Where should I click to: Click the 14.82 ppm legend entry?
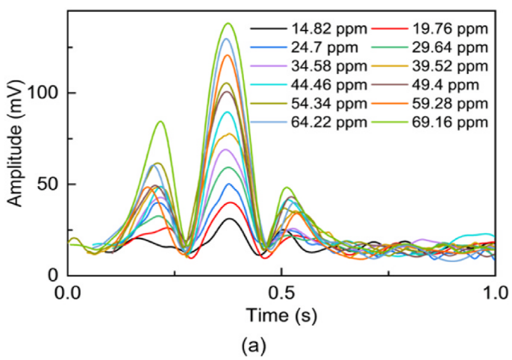[335, 30]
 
